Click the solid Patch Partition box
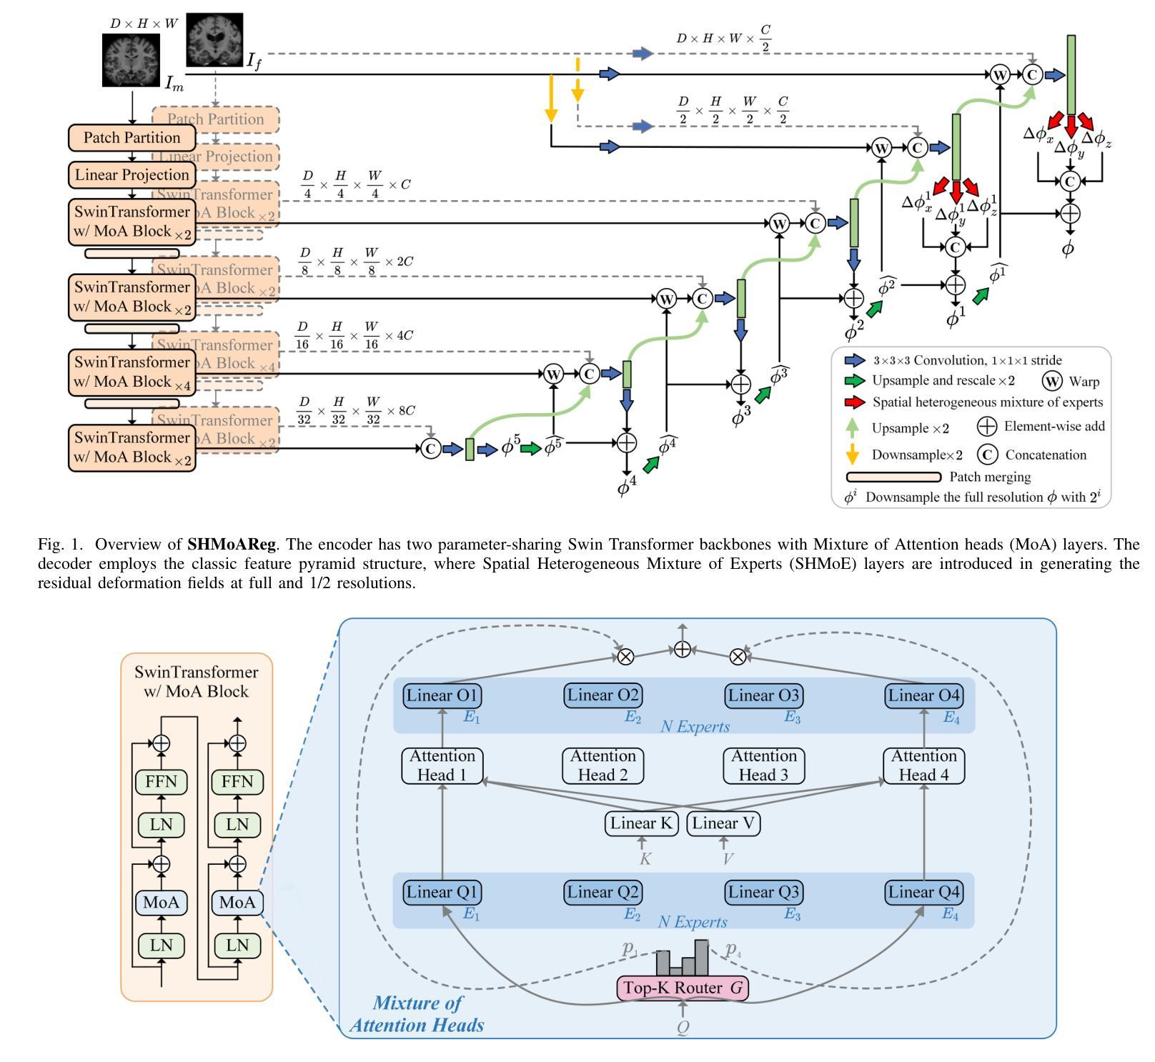tap(132, 138)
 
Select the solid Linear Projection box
tap(132, 175)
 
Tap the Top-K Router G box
tap(683, 988)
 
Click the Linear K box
tap(642, 823)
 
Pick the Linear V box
tap(723, 823)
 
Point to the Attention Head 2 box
tap(603, 765)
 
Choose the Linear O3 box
tap(763, 695)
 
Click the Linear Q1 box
tap(442, 892)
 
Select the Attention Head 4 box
tap(923, 765)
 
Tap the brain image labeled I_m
tap(132, 60)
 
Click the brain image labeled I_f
tap(214, 40)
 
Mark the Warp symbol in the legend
tap(1052, 381)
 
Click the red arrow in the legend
tap(855, 402)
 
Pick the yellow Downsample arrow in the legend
tap(852, 455)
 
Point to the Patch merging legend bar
tap(893, 477)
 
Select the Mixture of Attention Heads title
tap(417, 1014)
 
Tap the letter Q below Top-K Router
tap(683, 1028)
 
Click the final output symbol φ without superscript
tap(1068, 249)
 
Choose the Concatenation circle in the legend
tap(988, 455)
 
